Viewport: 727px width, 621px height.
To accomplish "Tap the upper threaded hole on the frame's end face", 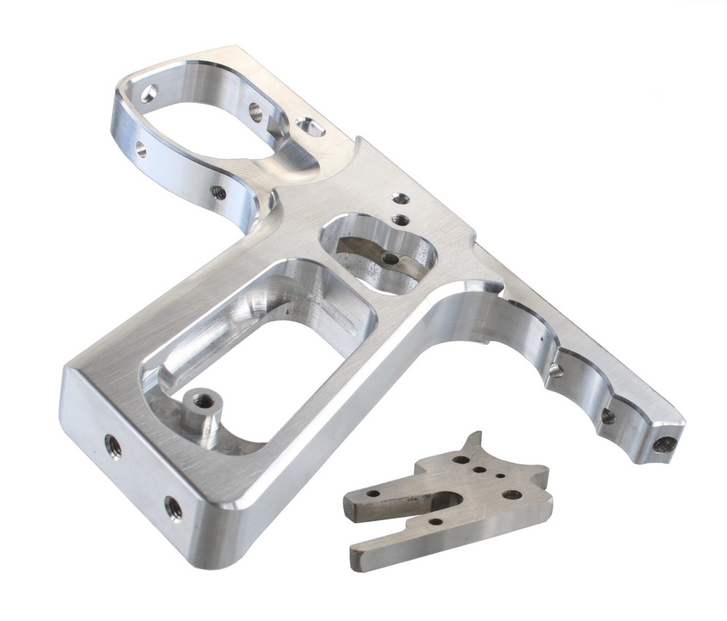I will pos(113,444).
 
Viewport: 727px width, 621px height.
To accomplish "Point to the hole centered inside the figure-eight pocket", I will pos(391,258).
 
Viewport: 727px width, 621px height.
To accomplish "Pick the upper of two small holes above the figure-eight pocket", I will pos(395,197).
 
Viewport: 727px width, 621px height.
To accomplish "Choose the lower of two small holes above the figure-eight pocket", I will pos(399,218).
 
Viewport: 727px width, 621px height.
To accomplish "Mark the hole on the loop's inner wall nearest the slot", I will pos(256,111).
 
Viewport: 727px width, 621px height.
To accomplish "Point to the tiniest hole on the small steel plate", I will pos(501,476).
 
